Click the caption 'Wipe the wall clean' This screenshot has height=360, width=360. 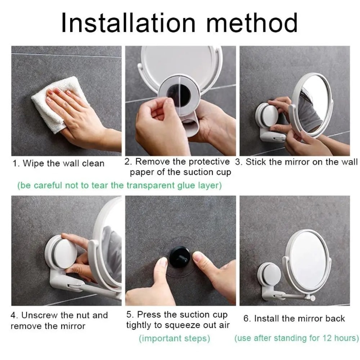coord(58,163)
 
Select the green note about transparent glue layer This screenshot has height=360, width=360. coord(120,185)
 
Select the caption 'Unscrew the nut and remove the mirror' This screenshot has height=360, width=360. coord(59,321)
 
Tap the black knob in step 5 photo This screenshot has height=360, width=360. coord(180,257)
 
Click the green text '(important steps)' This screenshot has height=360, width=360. coord(174,338)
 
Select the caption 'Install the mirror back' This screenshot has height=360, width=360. coord(294,319)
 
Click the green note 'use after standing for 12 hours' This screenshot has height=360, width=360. coord(297,338)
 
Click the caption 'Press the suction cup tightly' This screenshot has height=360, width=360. coord(177,320)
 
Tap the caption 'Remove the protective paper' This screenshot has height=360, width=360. coord(177,167)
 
